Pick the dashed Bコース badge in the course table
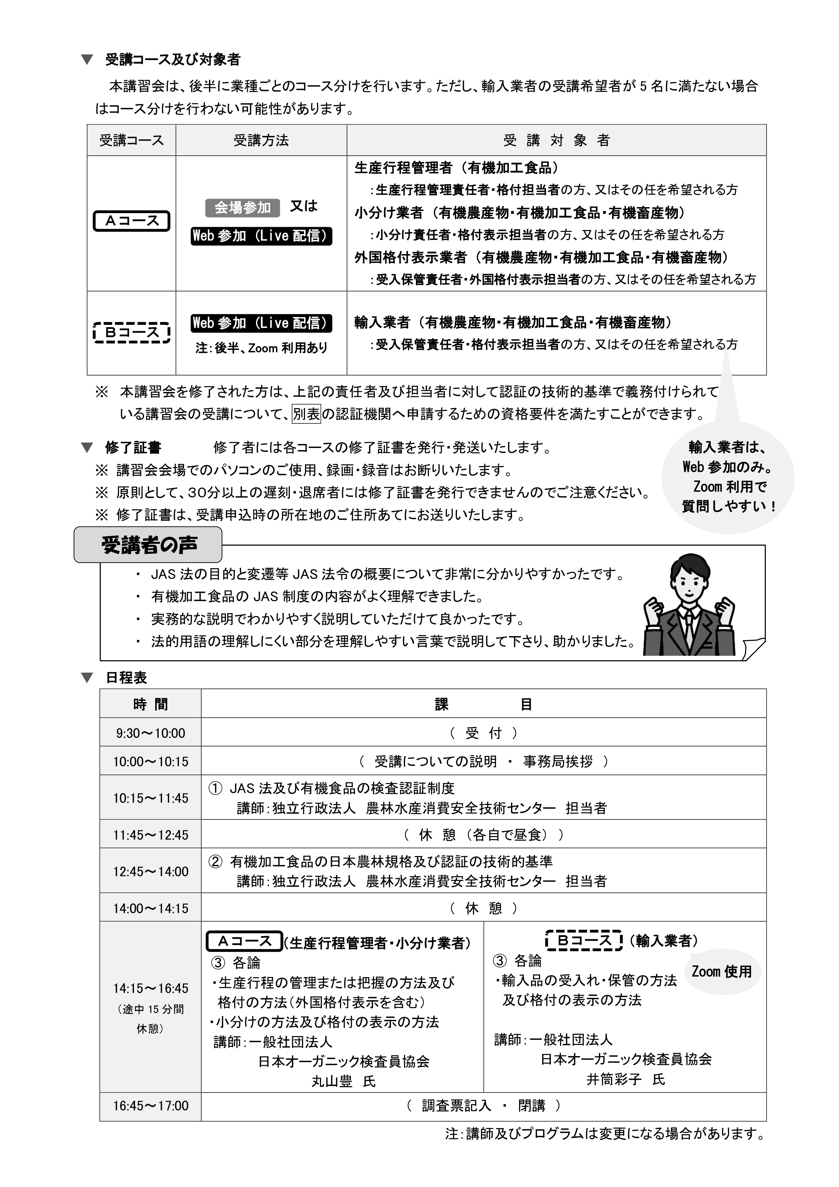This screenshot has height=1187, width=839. click(132, 332)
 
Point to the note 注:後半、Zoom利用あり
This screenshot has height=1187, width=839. click(261, 348)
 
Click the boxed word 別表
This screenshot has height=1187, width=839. click(306, 414)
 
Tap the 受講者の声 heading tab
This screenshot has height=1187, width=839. click(148, 545)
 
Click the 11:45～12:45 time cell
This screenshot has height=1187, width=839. click(150, 835)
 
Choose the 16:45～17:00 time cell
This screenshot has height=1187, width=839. click(150, 1105)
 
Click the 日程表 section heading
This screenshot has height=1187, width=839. click(126, 677)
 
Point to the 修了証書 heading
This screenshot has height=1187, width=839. click(133, 447)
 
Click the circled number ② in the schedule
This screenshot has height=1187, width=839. click(215, 861)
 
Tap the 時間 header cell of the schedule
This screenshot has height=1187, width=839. click(150, 704)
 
